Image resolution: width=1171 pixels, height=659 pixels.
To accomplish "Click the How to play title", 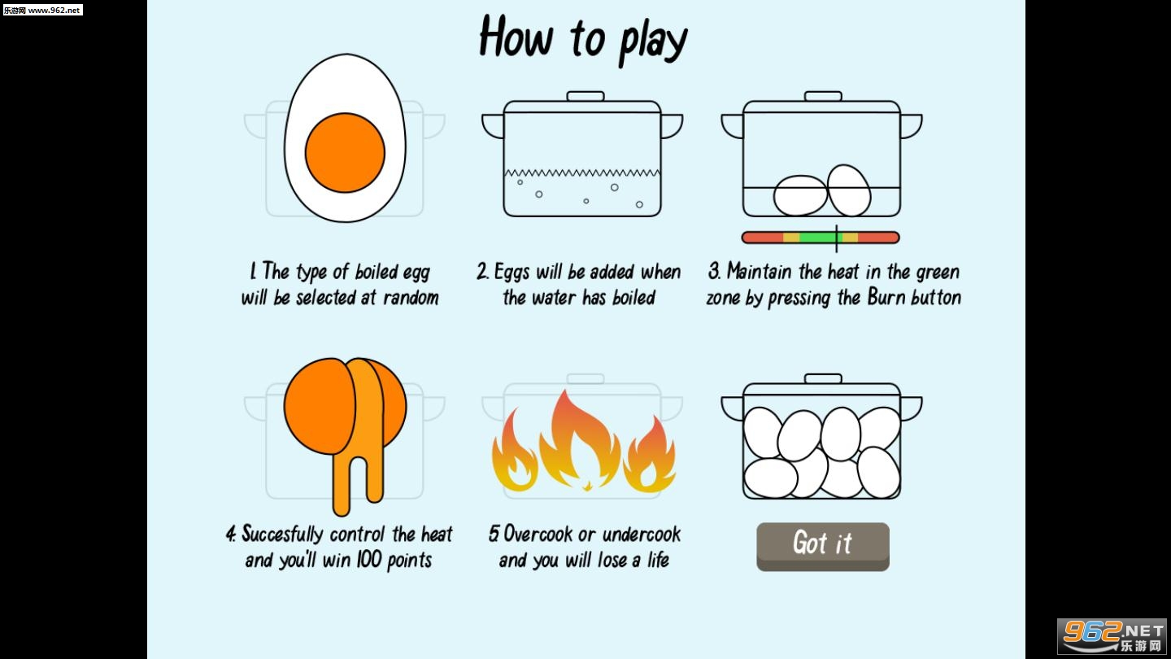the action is tap(583, 39).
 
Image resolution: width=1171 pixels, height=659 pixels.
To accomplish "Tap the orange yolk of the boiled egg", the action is tap(345, 152).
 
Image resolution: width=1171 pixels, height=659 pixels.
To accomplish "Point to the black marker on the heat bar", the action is tap(837, 238).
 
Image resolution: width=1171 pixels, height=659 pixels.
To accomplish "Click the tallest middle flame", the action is tap(579, 439).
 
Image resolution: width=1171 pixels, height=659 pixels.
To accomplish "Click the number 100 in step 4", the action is tap(368, 560).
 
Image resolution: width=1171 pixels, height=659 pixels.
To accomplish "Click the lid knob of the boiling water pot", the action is tap(585, 96).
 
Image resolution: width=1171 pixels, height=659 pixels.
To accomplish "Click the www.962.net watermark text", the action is tap(54, 10).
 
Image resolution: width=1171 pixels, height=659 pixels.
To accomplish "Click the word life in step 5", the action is tap(658, 560).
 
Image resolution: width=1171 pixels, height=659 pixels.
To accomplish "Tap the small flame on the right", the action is tap(649, 454).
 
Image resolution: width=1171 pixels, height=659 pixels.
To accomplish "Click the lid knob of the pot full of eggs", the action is tap(823, 378).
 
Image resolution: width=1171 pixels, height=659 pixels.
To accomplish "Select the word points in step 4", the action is tap(409, 560).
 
